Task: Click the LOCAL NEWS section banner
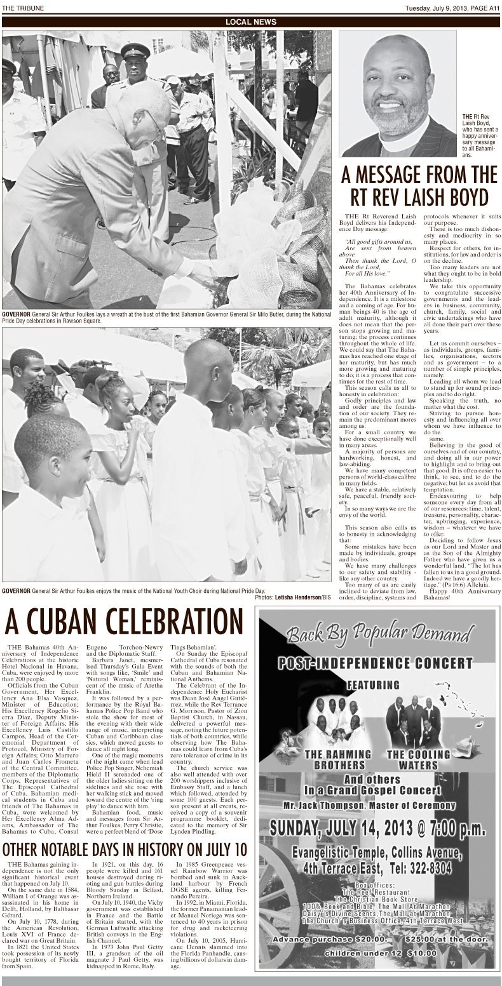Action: pyautogui.click(x=251, y=22)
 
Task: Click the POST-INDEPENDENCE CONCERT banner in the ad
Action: pyautogui.click(x=374, y=663)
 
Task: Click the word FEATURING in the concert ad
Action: pyautogui.click(x=373, y=686)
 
